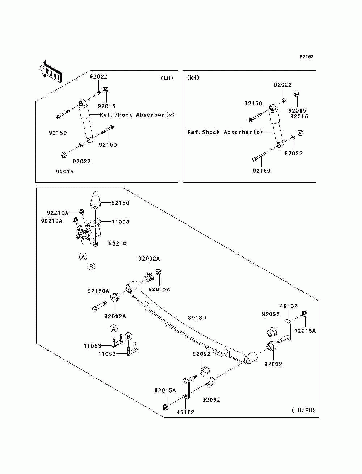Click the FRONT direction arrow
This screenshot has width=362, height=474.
(x=51, y=72)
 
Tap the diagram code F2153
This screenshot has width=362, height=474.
(x=307, y=56)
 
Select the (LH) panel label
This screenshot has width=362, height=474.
(x=167, y=78)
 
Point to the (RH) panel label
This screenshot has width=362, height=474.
(x=193, y=77)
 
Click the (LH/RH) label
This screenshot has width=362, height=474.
(x=303, y=410)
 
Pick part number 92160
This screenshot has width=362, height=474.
(x=120, y=202)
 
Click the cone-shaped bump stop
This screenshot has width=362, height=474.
(x=96, y=200)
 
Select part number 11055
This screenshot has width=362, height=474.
(x=120, y=222)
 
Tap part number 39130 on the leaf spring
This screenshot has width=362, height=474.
(x=197, y=318)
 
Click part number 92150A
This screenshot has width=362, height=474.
(x=98, y=291)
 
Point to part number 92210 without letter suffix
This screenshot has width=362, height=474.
(x=117, y=243)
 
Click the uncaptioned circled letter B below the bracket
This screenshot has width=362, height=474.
(x=91, y=267)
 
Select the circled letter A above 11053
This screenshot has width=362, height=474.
(x=114, y=329)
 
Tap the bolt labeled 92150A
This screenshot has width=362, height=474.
(x=100, y=306)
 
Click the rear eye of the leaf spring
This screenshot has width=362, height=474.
(x=251, y=358)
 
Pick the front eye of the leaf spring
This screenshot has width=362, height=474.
(x=132, y=286)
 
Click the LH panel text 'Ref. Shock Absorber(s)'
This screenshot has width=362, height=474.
(x=137, y=114)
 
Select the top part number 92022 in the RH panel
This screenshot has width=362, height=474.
(x=283, y=85)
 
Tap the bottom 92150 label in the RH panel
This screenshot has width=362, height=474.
(x=261, y=171)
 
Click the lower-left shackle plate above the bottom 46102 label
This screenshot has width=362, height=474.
(x=186, y=388)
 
